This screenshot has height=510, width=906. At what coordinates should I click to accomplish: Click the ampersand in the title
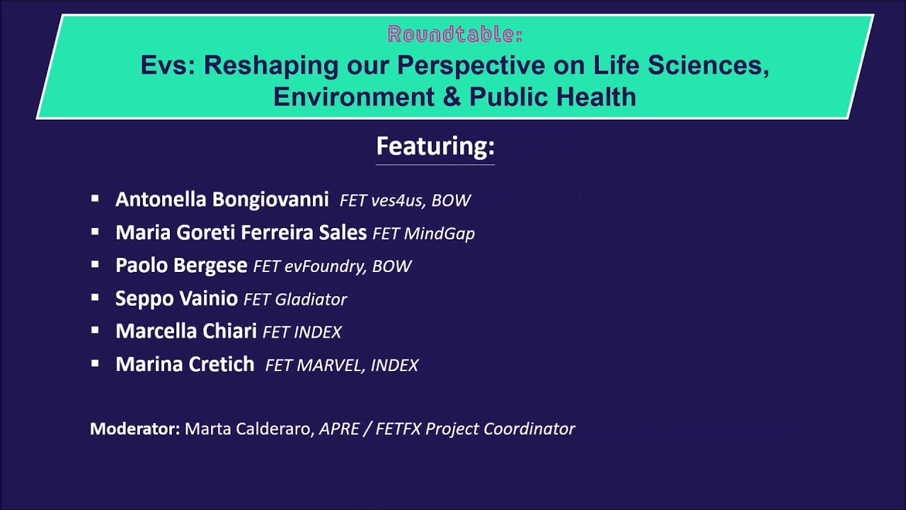[x=452, y=96]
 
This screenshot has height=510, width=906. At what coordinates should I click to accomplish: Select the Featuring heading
[x=435, y=146]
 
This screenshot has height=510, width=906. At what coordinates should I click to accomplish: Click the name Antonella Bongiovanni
[x=222, y=199]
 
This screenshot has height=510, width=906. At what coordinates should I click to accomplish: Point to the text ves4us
[x=398, y=200]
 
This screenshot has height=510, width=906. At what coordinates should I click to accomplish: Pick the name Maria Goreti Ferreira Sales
[x=241, y=232]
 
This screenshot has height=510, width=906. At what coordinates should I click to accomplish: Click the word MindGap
[x=440, y=234]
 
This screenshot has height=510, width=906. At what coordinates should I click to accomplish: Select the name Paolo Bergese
[x=181, y=266]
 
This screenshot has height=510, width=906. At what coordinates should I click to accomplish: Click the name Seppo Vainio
[x=176, y=299]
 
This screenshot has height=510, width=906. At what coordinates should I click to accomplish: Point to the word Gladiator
[x=311, y=300]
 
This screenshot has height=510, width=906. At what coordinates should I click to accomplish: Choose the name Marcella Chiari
[x=186, y=331]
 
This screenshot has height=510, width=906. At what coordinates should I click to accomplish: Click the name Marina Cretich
[x=185, y=364]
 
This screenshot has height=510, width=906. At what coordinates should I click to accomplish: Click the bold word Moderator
[x=135, y=429]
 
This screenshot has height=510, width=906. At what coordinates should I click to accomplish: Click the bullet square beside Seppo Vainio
[x=95, y=298]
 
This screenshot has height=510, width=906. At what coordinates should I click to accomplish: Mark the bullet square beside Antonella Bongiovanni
[x=95, y=198]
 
